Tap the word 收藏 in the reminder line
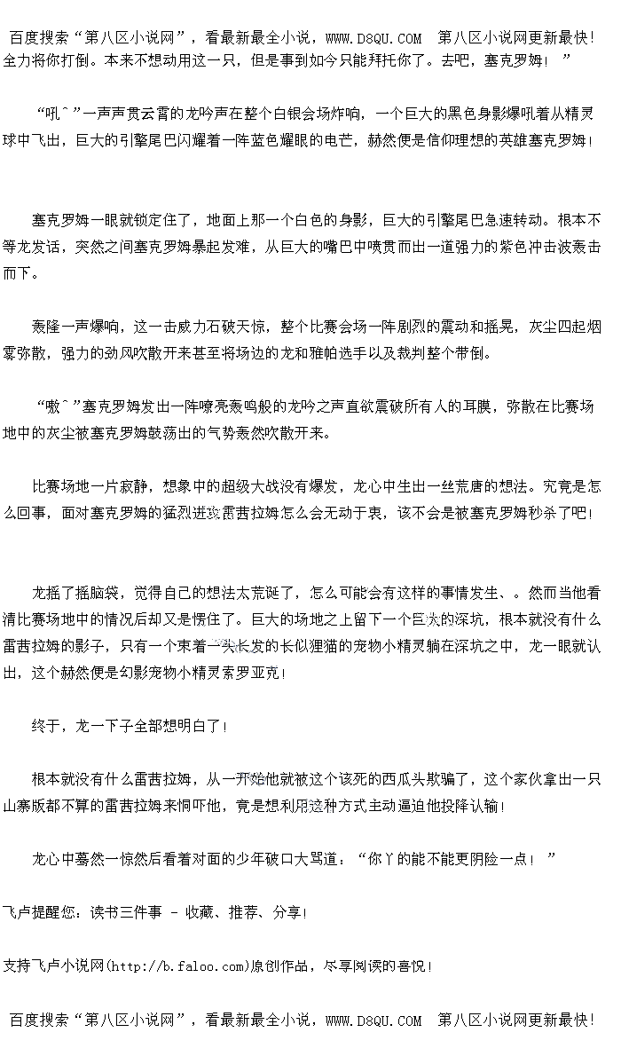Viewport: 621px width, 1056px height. (x=200, y=912)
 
